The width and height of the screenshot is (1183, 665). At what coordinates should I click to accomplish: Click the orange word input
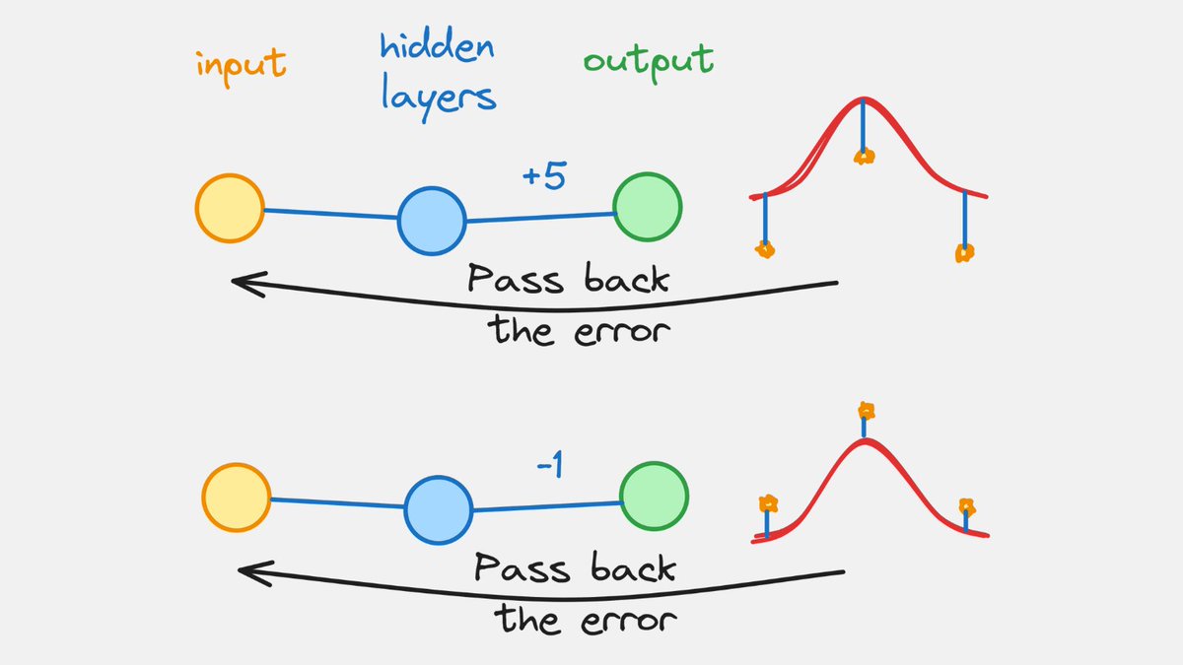(x=242, y=65)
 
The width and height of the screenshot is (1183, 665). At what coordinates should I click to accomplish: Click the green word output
(x=648, y=61)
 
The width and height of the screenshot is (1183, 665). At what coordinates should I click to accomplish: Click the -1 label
(x=549, y=466)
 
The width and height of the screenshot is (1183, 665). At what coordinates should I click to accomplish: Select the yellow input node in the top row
(x=230, y=208)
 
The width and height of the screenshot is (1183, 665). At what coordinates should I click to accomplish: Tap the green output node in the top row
(x=647, y=207)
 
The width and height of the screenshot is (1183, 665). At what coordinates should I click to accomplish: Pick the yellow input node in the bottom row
(x=237, y=497)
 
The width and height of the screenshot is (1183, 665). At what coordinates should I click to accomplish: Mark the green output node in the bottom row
(x=654, y=497)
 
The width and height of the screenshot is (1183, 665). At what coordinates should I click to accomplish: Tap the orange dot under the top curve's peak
(x=864, y=156)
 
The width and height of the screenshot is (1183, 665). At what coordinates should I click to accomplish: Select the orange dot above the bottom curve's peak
(x=866, y=410)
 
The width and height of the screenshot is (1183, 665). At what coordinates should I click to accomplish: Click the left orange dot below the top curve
(x=765, y=249)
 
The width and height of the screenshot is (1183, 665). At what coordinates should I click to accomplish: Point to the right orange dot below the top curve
(x=964, y=253)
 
